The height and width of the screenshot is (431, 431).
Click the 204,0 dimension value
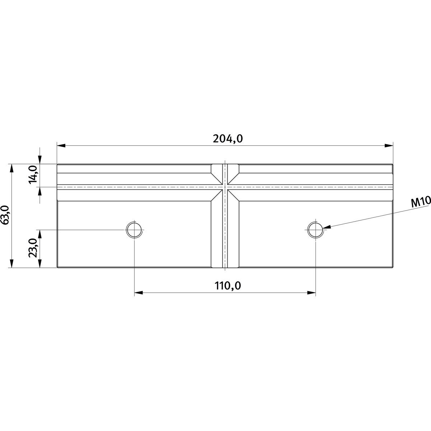[x=228, y=139]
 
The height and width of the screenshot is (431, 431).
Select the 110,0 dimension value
[x=228, y=286]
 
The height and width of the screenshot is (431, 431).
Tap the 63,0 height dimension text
[x=5, y=215]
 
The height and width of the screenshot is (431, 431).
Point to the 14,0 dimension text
[x=33, y=175]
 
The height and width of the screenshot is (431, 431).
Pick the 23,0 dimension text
[x=33, y=248]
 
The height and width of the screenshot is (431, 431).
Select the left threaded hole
[x=134, y=230]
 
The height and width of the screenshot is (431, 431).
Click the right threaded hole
[x=315, y=230]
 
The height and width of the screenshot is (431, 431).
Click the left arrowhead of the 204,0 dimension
[x=61, y=145]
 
